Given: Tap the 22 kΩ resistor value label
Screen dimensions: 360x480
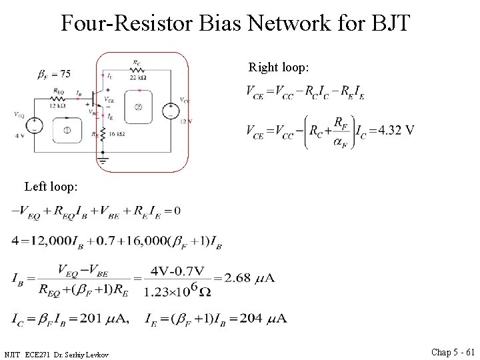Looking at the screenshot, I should tap(137, 77).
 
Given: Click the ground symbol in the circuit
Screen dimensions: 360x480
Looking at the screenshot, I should tap(103, 160).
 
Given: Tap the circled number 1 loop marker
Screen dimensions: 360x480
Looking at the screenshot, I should tap(67, 130).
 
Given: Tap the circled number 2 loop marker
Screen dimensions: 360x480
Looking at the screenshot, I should tap(138, 107).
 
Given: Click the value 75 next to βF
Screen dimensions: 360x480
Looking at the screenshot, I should tap(64, 73).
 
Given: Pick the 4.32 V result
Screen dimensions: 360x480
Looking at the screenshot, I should tap(397, 129).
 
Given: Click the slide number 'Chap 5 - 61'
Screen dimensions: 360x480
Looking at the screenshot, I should tap(453, 352).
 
